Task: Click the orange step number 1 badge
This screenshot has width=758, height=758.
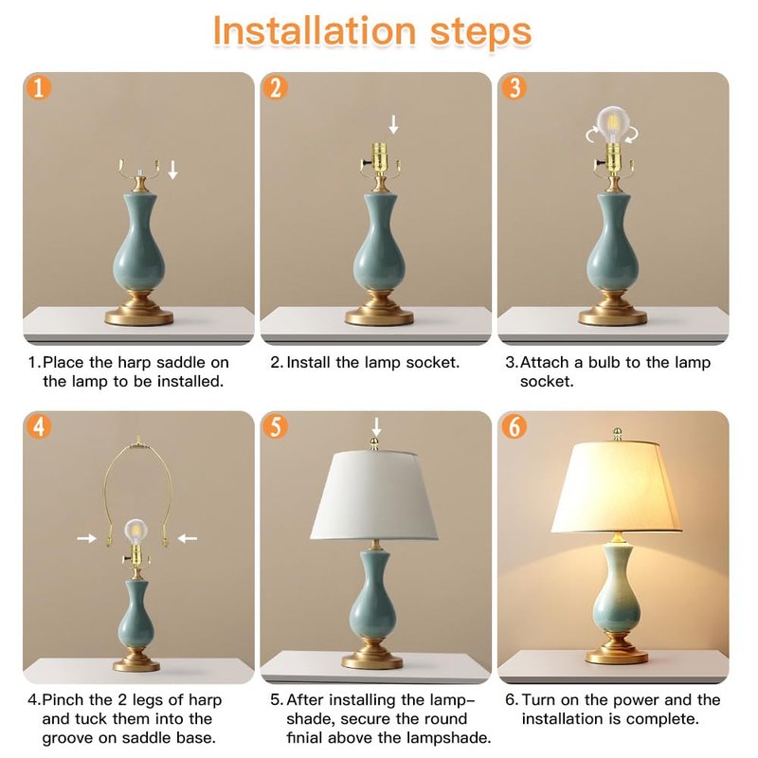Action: [39, 88]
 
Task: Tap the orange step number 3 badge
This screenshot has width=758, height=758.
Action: [514, 87]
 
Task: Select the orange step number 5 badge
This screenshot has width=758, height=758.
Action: [276, 426]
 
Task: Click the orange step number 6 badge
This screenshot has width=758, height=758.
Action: [514, 426]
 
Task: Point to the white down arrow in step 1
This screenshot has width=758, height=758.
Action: [172, 171]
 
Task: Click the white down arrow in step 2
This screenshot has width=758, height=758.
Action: [394, 125]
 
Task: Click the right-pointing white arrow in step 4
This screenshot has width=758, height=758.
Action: [87, 538]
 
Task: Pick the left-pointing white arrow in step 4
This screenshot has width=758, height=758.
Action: [187, 538]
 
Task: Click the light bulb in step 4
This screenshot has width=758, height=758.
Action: [135, 531]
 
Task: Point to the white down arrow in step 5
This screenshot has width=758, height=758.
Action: [376, 427]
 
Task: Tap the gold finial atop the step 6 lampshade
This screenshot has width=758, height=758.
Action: [617, 434]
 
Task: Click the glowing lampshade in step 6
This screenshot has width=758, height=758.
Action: [616, 487]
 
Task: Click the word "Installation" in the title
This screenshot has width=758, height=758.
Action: [315, 31]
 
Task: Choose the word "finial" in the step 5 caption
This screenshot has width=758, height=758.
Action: [304, 738]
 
